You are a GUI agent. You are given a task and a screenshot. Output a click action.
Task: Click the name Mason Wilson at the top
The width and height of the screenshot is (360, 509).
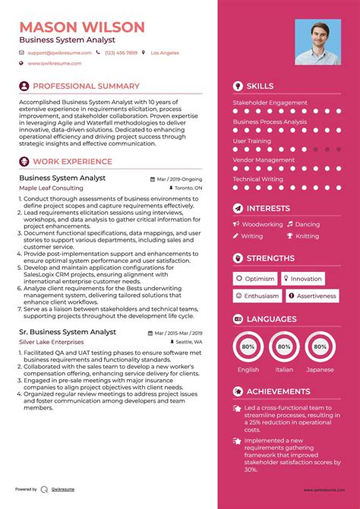click(81, 28)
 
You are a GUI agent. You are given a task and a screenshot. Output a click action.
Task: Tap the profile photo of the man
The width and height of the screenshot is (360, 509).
click(318, 43)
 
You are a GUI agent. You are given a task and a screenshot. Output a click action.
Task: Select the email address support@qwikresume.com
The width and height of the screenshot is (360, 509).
click(60, 53)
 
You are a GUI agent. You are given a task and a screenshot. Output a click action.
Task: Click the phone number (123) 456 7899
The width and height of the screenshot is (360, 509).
click(121, 53)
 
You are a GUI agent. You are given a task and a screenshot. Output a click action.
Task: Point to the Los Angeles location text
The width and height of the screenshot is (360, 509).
click(165, 53)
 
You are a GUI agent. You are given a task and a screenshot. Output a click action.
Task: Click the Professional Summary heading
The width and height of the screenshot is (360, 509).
click(86, 87)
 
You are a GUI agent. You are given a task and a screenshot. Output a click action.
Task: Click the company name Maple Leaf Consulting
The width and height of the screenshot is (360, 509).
click(51, 188)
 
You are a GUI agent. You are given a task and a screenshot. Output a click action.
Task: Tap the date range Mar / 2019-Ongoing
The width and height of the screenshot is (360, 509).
click(180, 178)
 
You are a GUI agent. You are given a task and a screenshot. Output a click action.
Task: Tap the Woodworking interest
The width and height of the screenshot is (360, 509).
click(262, 225)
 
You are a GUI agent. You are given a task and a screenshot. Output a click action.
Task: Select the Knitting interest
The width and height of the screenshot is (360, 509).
click(308, 236)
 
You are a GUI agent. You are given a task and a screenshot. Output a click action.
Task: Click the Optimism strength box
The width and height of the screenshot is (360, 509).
click(254, 279)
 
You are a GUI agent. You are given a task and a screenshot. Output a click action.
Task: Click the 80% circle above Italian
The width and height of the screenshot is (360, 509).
click(284, 346)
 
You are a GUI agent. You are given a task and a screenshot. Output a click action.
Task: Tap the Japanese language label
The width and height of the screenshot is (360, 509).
click(320, 370)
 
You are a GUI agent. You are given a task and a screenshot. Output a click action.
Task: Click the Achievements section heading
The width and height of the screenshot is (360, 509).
click(278, 392)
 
